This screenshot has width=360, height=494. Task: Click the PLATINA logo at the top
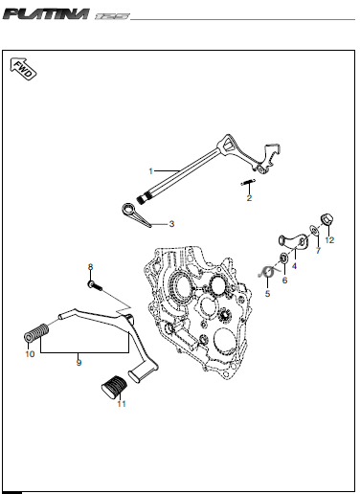point(46,14)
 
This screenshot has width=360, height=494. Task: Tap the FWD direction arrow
point(23,69)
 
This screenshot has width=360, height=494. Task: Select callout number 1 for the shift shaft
point(150,171)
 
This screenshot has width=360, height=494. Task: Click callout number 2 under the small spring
point(249,198)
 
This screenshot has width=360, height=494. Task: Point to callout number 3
point(171,224)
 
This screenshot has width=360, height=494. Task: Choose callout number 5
point(267,294)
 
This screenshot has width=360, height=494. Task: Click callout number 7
point(318,251)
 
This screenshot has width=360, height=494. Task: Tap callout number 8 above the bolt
point(91,267)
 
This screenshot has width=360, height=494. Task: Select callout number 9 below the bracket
point(79,363)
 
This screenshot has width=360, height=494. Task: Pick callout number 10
point(30,354)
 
